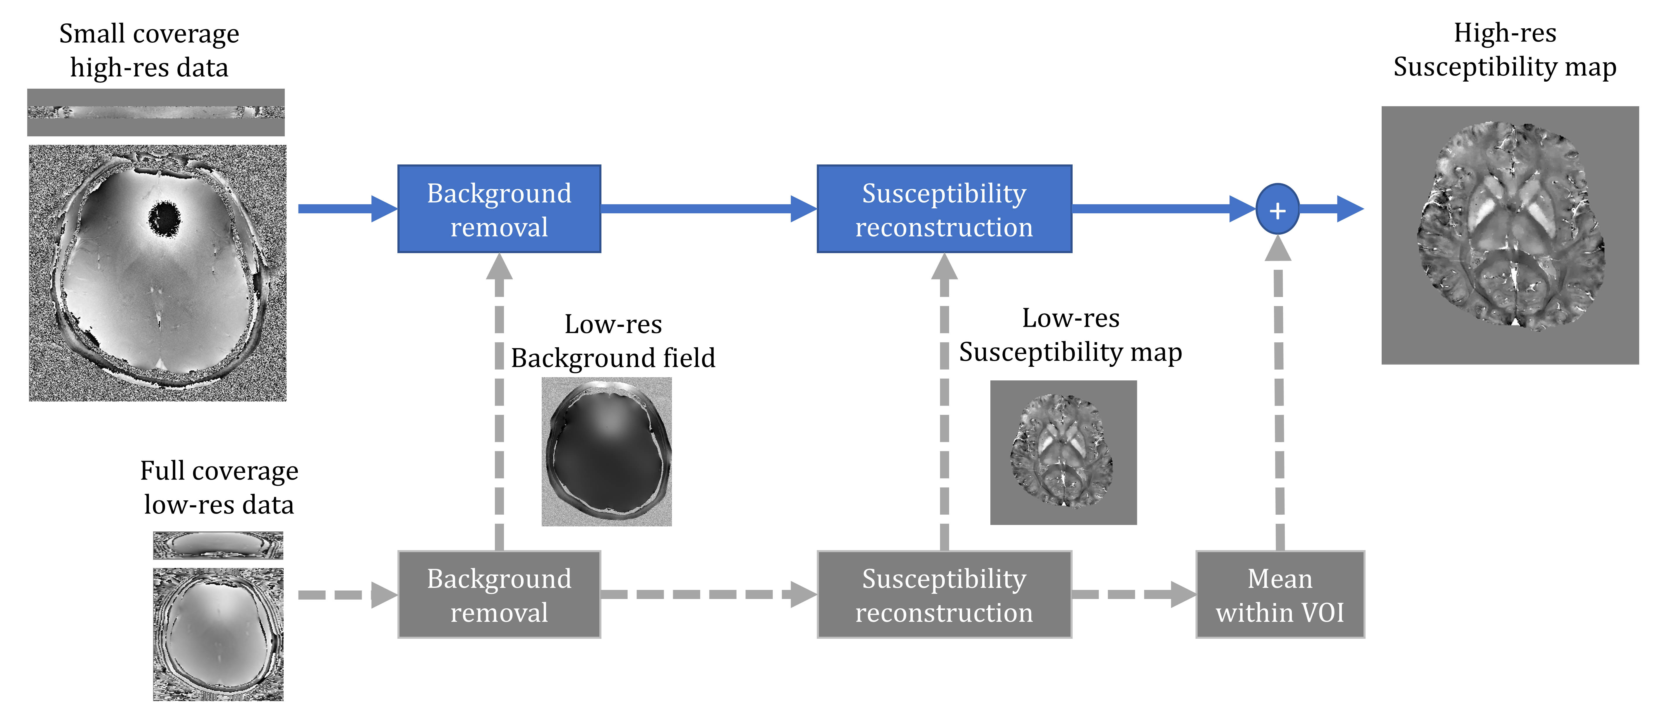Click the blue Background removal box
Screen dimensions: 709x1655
pos(499,209)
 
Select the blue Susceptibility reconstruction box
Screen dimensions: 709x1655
pos(944,209)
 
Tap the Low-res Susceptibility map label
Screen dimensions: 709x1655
pos(1070,334)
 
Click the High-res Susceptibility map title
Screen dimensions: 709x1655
pos(1505,49)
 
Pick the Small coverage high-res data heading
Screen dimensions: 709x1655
pos(149,50)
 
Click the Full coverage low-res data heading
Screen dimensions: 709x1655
pos(219,487)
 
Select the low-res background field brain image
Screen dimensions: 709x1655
pos(606,452)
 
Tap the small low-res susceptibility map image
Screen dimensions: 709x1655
pos(1063,452)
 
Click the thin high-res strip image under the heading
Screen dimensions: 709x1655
pos(155,112)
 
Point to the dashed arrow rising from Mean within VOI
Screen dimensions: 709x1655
pos(1279,398)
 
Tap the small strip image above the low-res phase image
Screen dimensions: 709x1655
pos(218,545)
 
